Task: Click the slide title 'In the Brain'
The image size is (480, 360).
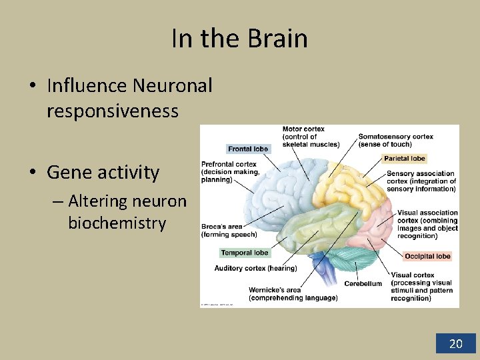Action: tap(239, 39)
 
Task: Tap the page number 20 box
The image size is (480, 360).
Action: tap(456, 343)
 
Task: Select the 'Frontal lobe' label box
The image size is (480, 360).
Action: tap(247, 149)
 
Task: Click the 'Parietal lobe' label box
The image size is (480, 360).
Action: tap(405, 158)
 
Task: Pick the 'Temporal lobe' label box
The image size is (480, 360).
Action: tap(245, 253)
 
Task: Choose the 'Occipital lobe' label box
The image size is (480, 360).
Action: tap(427, 256)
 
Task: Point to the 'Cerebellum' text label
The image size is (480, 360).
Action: tap(363, 283)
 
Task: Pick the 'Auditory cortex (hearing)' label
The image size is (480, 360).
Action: tap(255, 268)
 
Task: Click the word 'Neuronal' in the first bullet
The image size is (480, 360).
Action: tap(172, 85)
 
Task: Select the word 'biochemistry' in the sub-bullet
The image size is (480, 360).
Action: tap(117, 222)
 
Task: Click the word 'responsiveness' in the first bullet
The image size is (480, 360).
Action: tap(113, 110)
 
